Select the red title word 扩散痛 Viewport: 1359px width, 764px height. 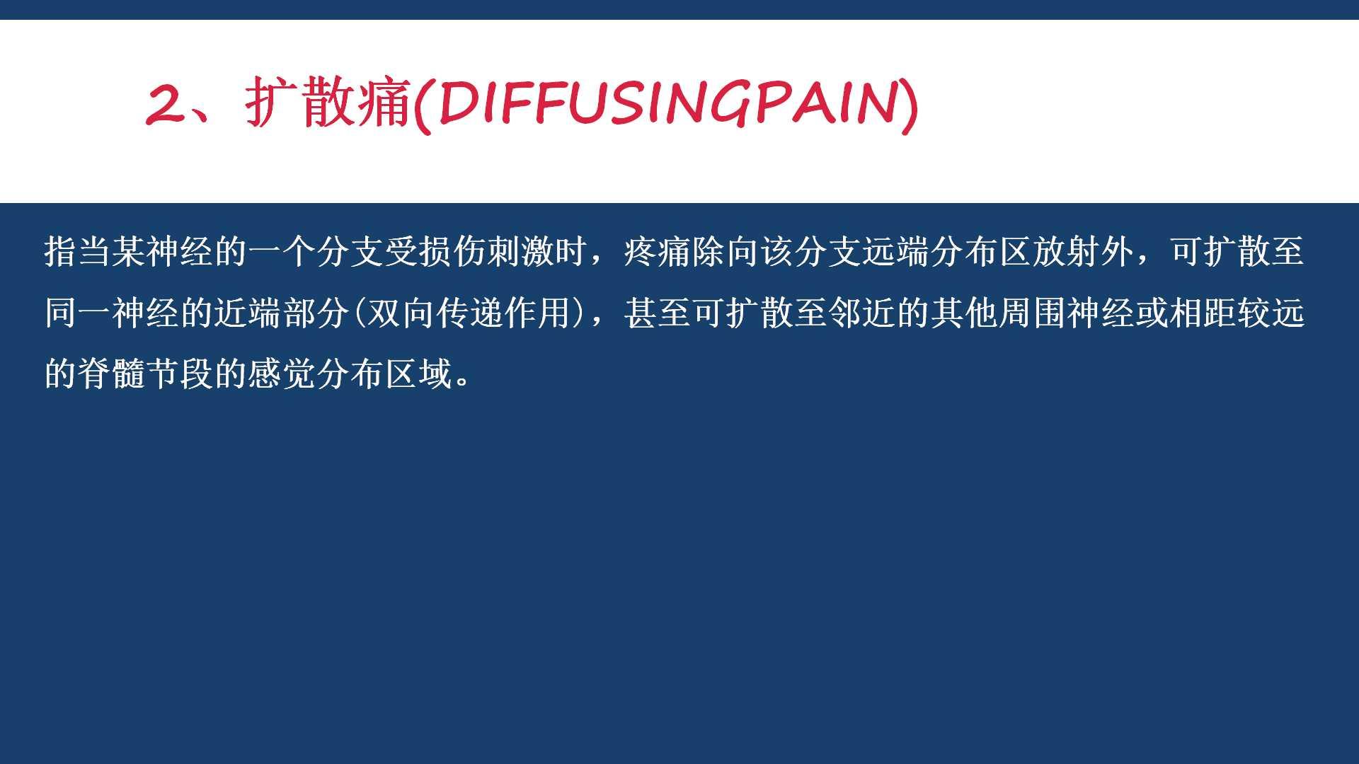[328, 103]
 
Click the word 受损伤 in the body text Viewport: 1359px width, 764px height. [436, 252]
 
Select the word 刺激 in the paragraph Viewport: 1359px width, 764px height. [522, 252]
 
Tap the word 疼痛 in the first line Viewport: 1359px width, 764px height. [658, 252]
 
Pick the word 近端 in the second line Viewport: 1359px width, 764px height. [249, 313]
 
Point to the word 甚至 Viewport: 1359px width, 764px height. [658, 313]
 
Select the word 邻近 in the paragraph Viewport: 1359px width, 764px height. [863, 313]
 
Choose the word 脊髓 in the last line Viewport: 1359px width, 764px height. [113, 374]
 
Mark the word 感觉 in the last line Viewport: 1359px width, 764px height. [283, 374]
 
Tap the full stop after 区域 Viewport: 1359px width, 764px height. [464, 383]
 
